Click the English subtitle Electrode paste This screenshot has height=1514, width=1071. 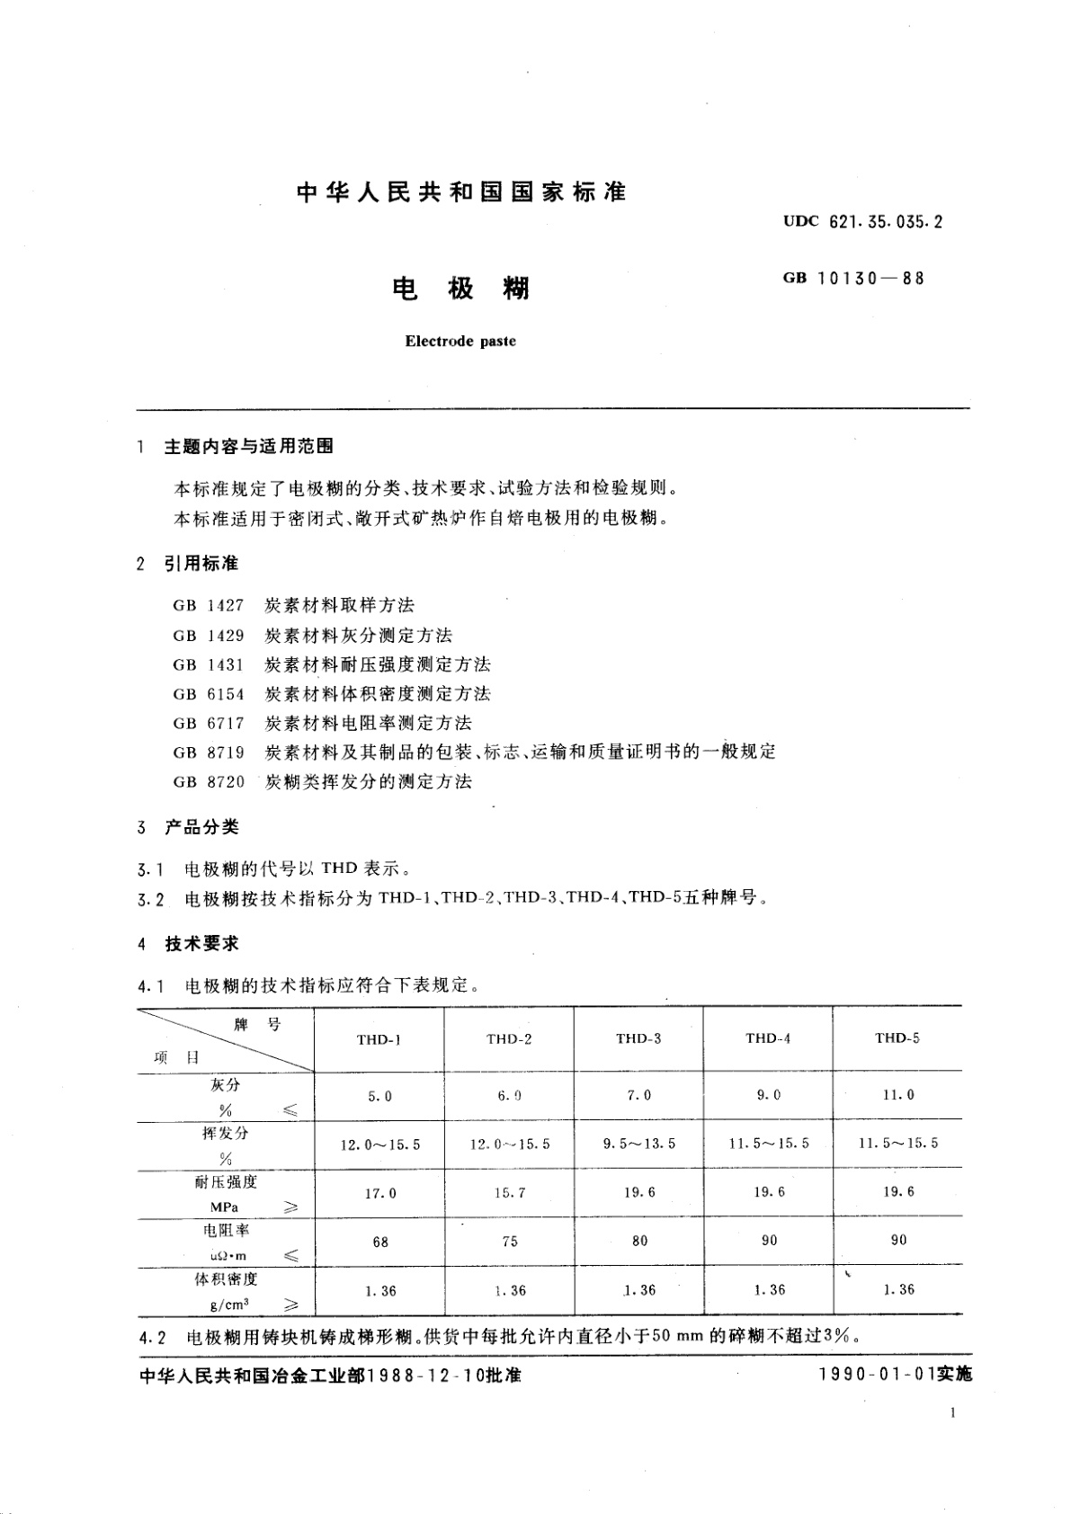(460, 342)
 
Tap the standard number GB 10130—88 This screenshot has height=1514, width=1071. (853, 278)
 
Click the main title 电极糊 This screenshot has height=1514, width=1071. (461, 289)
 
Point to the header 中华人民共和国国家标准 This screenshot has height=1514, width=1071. (460, 191)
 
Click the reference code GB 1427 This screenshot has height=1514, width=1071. (209, 605)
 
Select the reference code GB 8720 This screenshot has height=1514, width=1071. (209, 781)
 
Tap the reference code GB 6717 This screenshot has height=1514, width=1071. (209, 723)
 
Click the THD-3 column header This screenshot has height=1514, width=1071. (638, 1038)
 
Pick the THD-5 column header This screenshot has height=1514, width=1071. (897, 1038)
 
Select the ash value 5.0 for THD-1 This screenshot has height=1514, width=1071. (379, 1096)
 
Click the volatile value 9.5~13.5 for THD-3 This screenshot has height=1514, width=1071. (638, 1144)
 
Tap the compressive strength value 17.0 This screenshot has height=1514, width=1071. (379, 1193)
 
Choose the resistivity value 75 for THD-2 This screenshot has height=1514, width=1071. (510, 1242)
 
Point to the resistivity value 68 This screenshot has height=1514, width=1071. (379, 1242)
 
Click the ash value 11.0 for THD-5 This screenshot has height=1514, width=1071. (897, 1095)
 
